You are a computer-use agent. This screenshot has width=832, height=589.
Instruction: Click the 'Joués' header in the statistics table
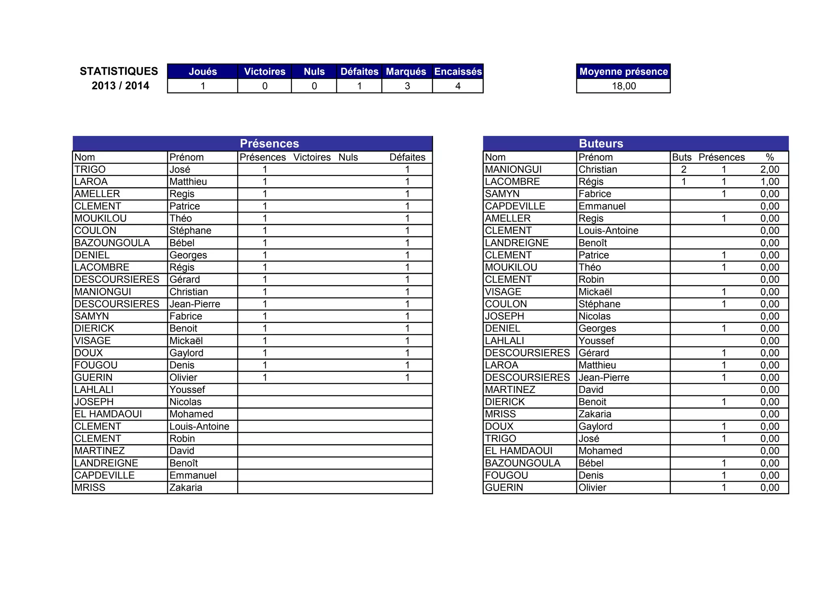click(x=203, y=72)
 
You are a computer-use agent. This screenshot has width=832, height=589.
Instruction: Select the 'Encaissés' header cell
click(x=458, y=72)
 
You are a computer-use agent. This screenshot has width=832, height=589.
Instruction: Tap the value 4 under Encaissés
click(x=458, y=86)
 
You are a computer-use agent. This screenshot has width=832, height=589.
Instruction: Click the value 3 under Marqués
click(x=407, y=86)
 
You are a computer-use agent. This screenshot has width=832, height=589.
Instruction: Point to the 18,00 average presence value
click(x=624, y=86)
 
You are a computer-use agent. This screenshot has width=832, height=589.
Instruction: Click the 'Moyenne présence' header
click(x=624, y=72)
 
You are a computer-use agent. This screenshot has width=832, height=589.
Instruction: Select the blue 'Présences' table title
click(x=269, y=144)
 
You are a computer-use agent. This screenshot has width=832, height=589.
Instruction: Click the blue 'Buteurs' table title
click(x=601, y=144)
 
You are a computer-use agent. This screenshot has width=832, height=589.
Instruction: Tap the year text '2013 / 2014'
click(x=120, y=86)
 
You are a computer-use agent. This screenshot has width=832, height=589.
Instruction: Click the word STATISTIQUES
click(x=119, y=71)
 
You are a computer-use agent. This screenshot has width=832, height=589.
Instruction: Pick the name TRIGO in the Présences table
click(x=90, y=170)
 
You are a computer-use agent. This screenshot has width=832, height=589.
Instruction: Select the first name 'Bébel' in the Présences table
click(x=182, y=243)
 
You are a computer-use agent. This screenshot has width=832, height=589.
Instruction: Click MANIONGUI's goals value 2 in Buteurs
click(x=684, y=170)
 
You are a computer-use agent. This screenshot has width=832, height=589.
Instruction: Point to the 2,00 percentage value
click(x=769, y=170)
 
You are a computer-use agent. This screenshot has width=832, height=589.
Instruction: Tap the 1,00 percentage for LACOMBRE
click(x=769, y=182)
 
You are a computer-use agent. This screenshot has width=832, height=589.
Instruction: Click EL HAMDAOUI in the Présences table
click(x=108, y=414)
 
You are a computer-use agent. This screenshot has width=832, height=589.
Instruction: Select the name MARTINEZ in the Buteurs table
click(x=510, y=390)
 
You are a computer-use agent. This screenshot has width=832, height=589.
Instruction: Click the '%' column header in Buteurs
click(x=769, y=157)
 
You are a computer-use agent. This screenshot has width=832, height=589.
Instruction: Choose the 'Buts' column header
click(x=682, y=157)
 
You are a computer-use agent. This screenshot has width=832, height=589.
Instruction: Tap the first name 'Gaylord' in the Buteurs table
click(x=595, y=426)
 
